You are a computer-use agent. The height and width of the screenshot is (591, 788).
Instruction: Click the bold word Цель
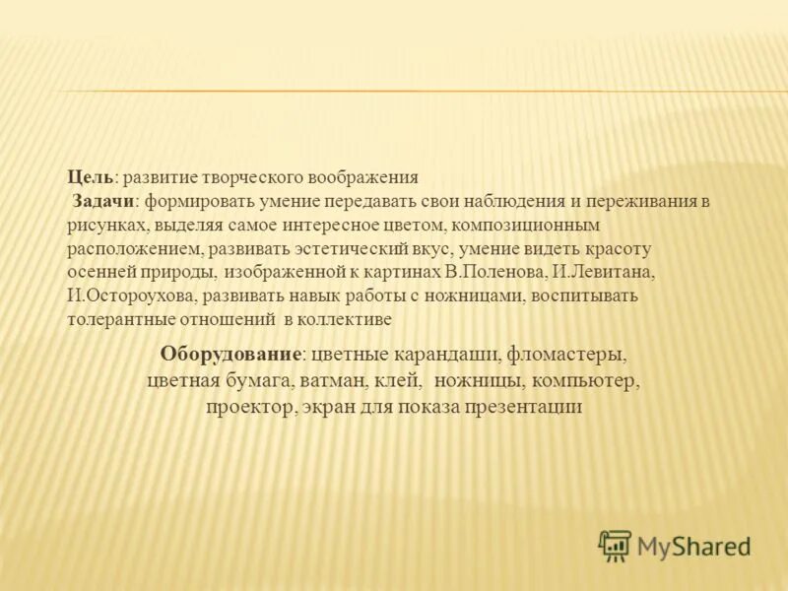point(91,178)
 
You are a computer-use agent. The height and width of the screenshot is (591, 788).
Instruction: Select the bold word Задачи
point(104,202)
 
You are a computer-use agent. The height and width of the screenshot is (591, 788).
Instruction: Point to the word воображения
point(363,178)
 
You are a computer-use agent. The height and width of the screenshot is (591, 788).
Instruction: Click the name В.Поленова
point(492,272)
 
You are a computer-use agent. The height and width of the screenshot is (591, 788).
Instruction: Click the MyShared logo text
point(693,546)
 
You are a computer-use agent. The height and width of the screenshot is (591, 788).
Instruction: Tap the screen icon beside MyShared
point(615,545)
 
